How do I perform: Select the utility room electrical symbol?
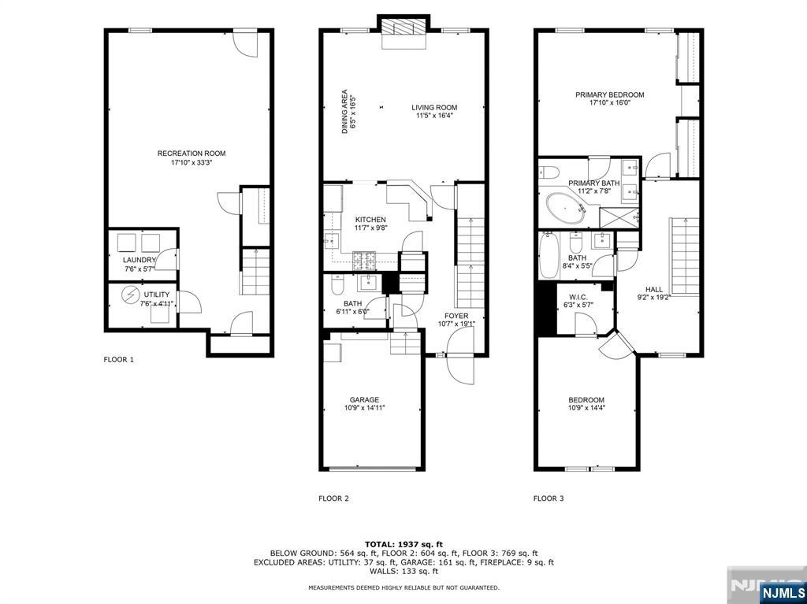tap(130, 295)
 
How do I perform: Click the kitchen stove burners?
tap(364, 261)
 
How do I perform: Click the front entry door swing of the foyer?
tap(460, 357)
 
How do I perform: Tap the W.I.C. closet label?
tap(578, 298)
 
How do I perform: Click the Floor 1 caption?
tap(119, 360)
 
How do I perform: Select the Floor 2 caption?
tap(333, 498)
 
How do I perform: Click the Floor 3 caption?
tap(549, 498)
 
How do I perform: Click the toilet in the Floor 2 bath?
tap(337, 283)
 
